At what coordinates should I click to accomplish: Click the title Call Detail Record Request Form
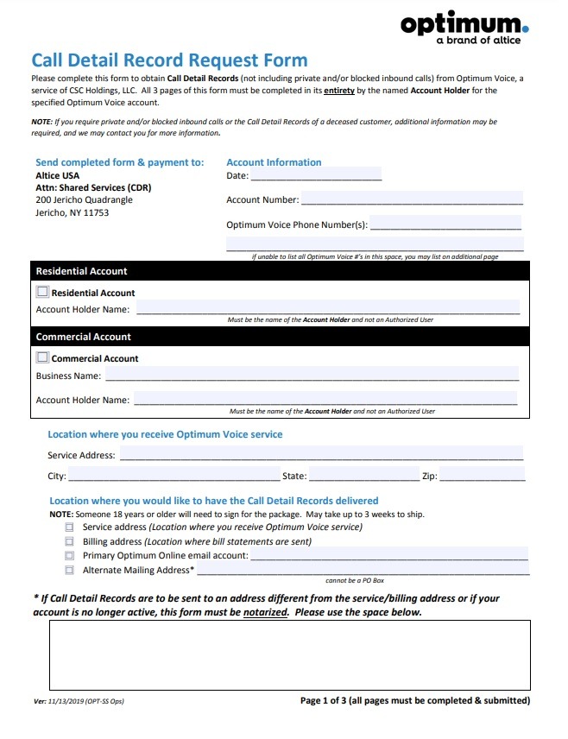click(x=169, y=60)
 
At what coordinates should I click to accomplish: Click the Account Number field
click(x=412, y=199)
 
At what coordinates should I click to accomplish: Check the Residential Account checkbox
click(x=42, y=292)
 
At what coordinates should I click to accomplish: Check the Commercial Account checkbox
click(x=42, y=357)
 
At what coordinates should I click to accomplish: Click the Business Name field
click(x=312, y=376)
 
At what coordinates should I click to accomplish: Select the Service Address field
click(x=321, y=455)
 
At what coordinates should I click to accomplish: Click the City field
click(x=174, y=476)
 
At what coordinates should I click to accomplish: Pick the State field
click(x=363, y=476)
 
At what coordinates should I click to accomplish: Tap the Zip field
click(x=483, y=476)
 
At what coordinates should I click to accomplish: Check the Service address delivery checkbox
click(x=69, y=527)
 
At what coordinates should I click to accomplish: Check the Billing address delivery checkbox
click(x=69, y=541)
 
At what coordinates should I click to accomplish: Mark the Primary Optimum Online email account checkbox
click(x=69, y=556)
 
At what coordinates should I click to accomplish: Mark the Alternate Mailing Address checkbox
click(x=69, y=571)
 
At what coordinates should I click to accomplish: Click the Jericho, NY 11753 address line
click(x=73, y=212)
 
